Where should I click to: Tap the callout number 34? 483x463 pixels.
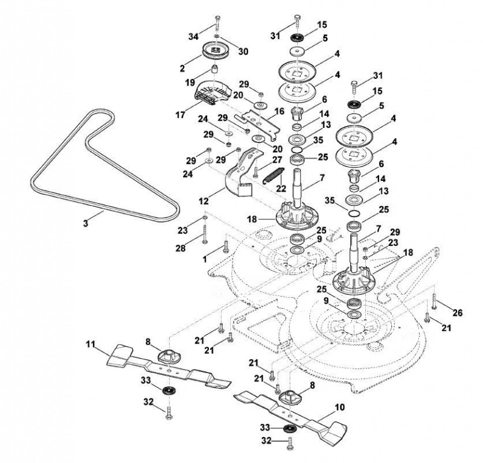point(193,37)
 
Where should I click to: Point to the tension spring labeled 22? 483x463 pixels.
point(273,175)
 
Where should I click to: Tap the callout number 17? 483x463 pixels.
point(181,115)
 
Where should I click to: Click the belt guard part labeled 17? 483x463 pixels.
point(213,90)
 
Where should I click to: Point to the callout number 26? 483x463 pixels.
point(458,313)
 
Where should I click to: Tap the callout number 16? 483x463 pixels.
point(279,111)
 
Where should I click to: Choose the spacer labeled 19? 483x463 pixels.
point(215,69)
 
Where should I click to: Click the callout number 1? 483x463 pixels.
point(205,259)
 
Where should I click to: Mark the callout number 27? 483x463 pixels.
point(277,160)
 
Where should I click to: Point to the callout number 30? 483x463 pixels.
point(243,52)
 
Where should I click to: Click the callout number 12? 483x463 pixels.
point(203,201)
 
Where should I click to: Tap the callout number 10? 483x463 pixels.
point(339,408)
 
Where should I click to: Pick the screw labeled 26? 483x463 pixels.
point(433,301)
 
